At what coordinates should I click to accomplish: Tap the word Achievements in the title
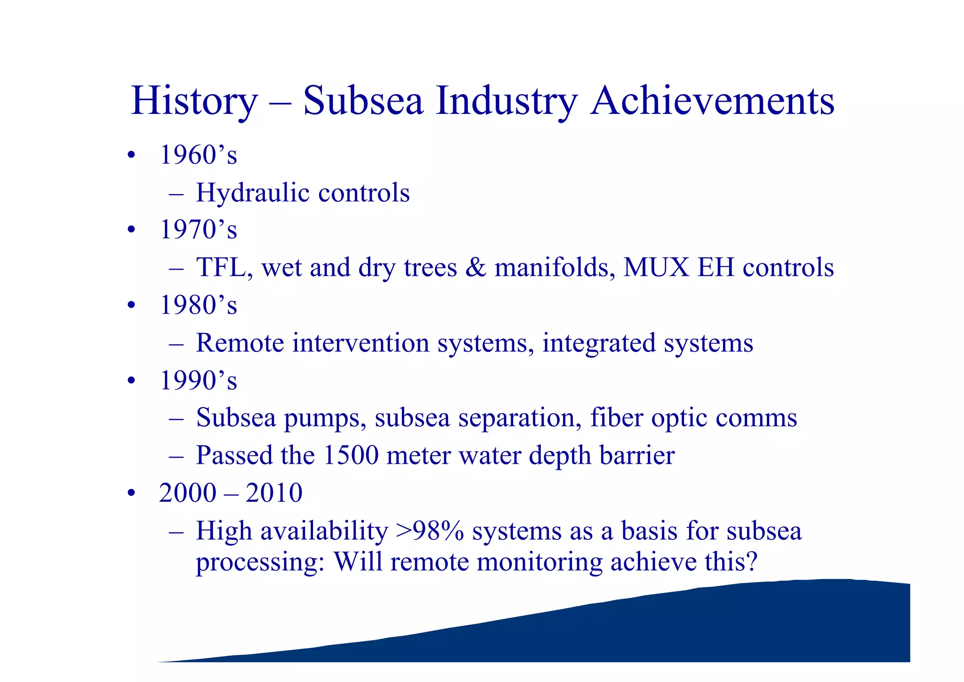point(712,101)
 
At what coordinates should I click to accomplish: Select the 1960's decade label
point(198,155)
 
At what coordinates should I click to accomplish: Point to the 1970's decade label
point(198,230)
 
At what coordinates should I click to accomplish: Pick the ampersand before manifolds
point(475,267)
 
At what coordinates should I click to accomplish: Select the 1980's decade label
point(198,305)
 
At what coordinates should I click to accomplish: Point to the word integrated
point(599,343)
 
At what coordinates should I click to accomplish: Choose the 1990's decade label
point(198,380)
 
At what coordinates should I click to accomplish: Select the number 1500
point(351,455)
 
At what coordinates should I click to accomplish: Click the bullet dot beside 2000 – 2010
point(131,493)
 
